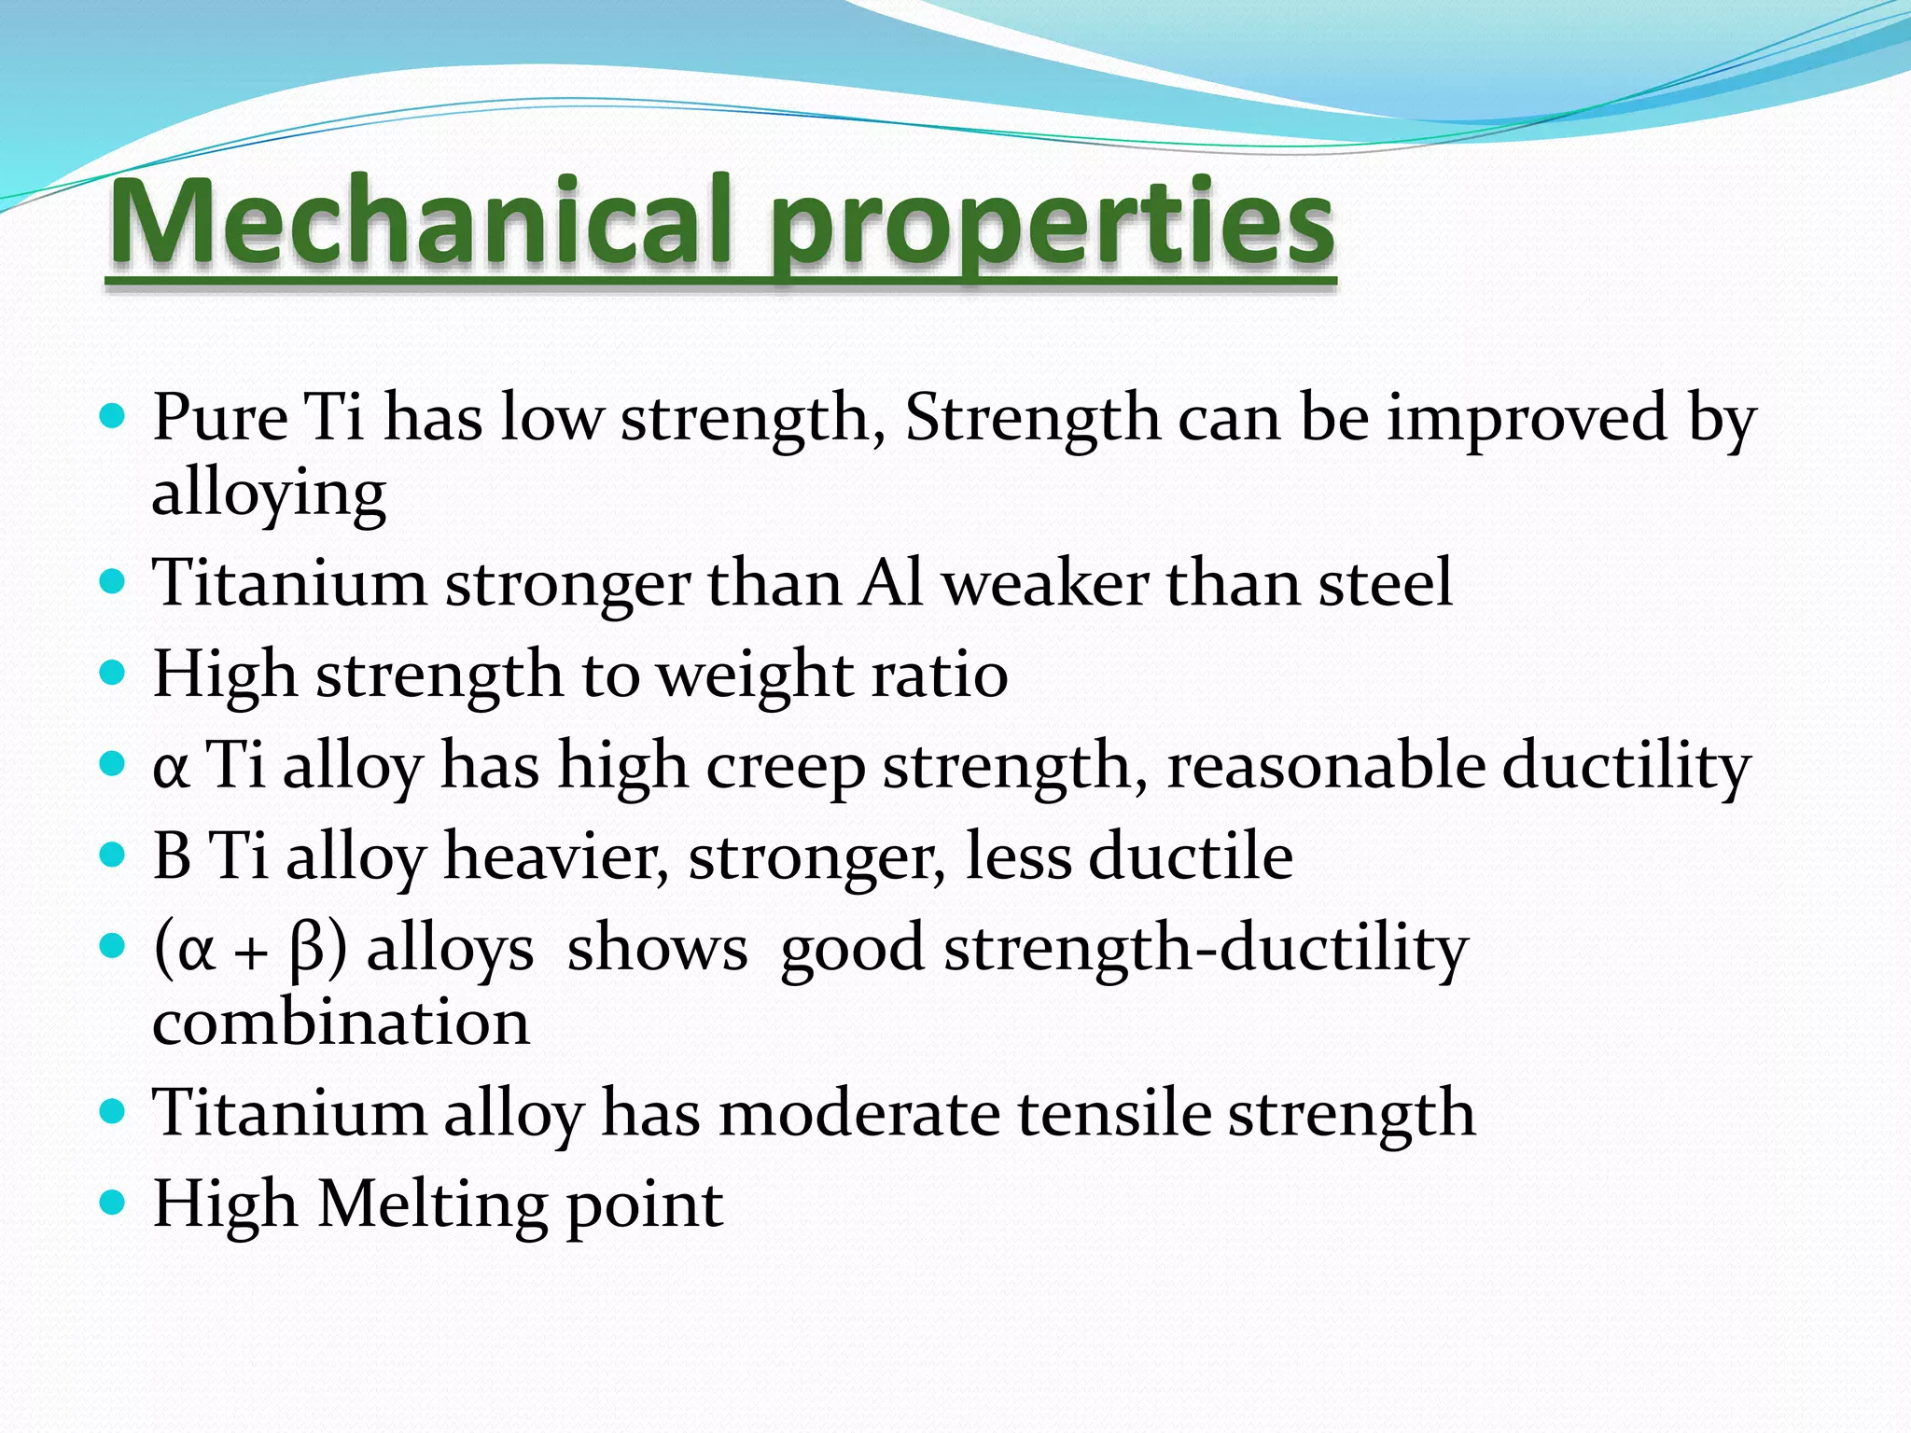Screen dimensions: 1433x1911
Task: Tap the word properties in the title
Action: [1052, 229]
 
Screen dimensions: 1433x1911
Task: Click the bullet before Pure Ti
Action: [111, 416]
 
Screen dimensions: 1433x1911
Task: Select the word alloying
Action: [269, 494]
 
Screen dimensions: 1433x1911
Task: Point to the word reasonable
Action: [1326, 766]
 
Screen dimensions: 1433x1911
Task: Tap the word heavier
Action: [556, 856]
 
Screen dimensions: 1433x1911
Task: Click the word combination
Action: [342, 1023]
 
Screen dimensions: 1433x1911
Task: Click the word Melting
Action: [432, 1204]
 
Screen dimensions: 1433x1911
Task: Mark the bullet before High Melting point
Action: [111, 1203]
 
